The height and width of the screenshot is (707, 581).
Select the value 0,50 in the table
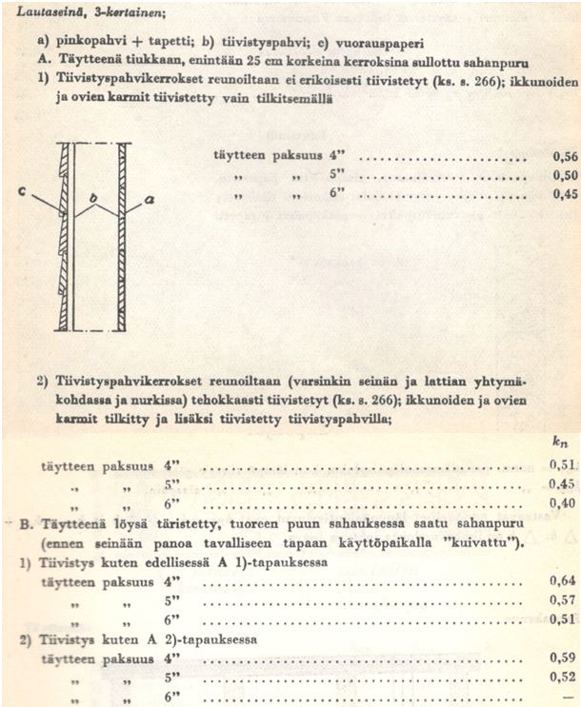click(563, 177)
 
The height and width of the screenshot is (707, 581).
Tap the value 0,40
click(563, 503)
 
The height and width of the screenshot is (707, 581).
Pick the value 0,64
click(563, 580)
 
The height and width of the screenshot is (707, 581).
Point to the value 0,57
click(563, 600)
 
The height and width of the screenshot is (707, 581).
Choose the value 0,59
click(563, 658)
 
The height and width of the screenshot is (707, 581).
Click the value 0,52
click(563, 678)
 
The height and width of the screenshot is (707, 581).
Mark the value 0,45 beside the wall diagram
click(563, 195)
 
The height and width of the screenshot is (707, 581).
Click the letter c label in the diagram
click(20, 192)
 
